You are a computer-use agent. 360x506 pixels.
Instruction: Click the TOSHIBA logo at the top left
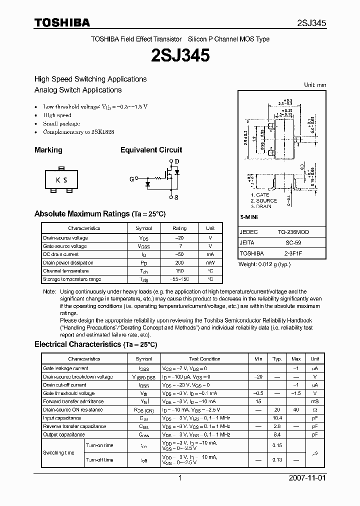click(62, 23)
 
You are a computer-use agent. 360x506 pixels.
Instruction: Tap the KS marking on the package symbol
click(61, 180)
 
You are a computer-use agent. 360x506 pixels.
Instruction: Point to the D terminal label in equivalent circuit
click(176, 161)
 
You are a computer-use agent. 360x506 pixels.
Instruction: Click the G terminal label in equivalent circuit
click(132, 178)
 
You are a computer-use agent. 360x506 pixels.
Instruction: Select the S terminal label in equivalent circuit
click(176, 197)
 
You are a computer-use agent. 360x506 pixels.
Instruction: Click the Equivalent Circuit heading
click(151, 150)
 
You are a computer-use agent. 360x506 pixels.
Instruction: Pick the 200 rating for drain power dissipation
click(179, 262)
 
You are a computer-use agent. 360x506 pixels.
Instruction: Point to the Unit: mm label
click(315, 85)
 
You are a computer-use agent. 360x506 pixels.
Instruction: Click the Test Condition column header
click(204, 358)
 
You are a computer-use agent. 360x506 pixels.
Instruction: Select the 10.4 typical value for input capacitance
click(277, 417)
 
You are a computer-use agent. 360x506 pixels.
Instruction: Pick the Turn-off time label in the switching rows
click(99, 459)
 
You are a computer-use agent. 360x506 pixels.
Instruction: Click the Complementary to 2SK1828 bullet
click(78, 132)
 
